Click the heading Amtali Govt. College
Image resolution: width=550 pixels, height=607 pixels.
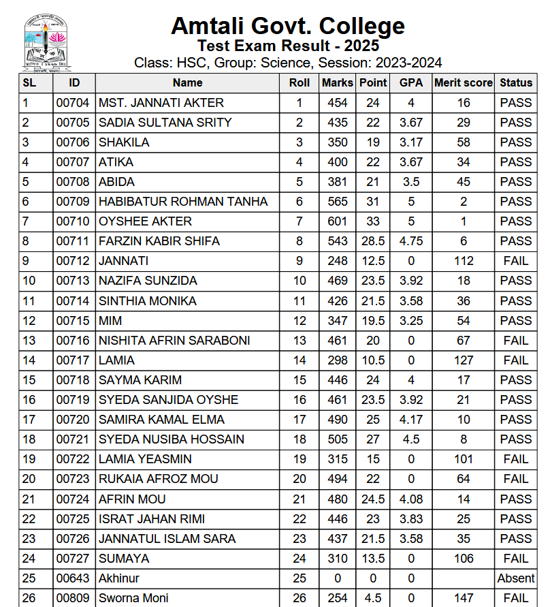[287, 26]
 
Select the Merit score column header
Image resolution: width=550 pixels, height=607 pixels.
[463, 82]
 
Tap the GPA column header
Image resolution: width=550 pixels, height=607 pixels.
[411, 82]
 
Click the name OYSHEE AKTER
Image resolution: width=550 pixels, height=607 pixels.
[145, 221]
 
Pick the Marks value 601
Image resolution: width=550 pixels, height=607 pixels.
[337, 221]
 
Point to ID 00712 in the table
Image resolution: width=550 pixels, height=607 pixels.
[73, 261]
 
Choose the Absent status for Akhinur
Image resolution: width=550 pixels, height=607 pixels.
[515, 578]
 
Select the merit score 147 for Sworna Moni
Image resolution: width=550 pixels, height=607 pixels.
[464, 598]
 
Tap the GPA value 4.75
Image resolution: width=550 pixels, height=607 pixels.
[411, 241]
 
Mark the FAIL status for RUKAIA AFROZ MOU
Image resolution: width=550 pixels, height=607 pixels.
[515, 479]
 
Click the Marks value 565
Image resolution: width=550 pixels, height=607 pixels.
[337, 202]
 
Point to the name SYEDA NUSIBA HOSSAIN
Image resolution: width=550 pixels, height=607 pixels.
[171, 439]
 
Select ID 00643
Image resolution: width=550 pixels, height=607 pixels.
[73, 578]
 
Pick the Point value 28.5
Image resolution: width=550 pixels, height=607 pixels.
[373, 241]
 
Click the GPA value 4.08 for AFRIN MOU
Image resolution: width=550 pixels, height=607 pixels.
[411, 499]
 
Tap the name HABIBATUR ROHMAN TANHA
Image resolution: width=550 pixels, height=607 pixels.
[183, 202]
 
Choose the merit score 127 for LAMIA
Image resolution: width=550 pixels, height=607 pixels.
[464, 360]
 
